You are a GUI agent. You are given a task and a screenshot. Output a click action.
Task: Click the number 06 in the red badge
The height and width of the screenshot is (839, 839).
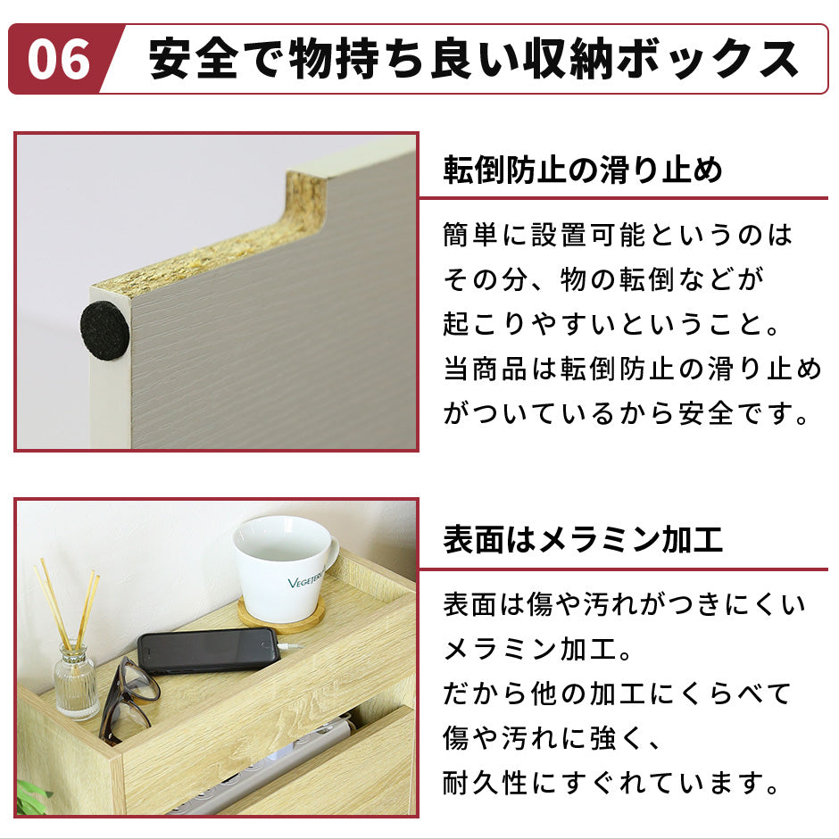(59, 60)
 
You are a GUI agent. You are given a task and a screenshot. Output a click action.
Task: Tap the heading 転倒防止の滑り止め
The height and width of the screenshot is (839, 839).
(583, 170)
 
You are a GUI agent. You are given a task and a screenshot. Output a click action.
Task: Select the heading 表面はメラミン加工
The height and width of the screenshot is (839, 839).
(583, 539)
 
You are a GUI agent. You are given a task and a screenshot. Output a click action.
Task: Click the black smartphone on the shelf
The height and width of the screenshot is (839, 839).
(209, 650)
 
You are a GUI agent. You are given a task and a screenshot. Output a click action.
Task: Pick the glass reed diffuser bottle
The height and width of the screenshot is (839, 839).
(76, 681)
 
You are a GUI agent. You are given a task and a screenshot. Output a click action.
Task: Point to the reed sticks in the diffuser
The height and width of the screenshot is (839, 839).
(68, 603)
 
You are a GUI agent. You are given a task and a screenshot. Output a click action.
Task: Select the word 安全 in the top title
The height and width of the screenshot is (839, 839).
(194, 59)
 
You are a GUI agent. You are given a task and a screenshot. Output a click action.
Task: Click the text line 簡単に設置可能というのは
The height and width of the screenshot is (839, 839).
(618, 235)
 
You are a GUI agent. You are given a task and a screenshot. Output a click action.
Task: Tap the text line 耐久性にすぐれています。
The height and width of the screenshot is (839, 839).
(612, 783)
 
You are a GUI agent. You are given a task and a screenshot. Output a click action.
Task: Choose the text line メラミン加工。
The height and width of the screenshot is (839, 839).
(539, 649)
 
